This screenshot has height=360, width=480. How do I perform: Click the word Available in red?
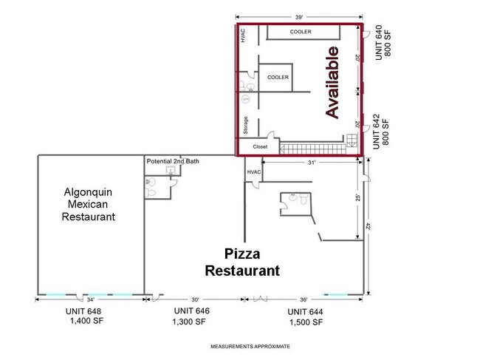332,82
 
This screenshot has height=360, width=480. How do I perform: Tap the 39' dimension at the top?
299,17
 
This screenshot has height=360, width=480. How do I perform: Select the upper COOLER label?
301,32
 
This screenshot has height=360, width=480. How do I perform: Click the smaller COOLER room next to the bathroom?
276,78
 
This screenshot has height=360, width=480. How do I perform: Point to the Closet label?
260,147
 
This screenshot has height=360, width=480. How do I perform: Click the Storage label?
245,126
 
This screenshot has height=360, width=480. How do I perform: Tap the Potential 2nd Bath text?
173,161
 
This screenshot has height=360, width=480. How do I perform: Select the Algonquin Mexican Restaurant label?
89,204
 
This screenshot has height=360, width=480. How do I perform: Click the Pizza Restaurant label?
242,262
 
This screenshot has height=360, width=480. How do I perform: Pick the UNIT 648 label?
83,311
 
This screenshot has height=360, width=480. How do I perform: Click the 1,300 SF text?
189,322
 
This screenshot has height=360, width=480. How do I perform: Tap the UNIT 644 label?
305,312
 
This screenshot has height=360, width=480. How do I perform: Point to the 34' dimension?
91,299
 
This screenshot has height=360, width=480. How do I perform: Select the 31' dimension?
312,163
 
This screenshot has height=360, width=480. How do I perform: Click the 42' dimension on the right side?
368,226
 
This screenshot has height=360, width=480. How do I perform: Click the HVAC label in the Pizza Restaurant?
254,172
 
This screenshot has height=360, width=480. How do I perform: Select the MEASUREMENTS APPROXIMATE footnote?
250,347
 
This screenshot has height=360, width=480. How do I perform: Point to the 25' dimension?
358,198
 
